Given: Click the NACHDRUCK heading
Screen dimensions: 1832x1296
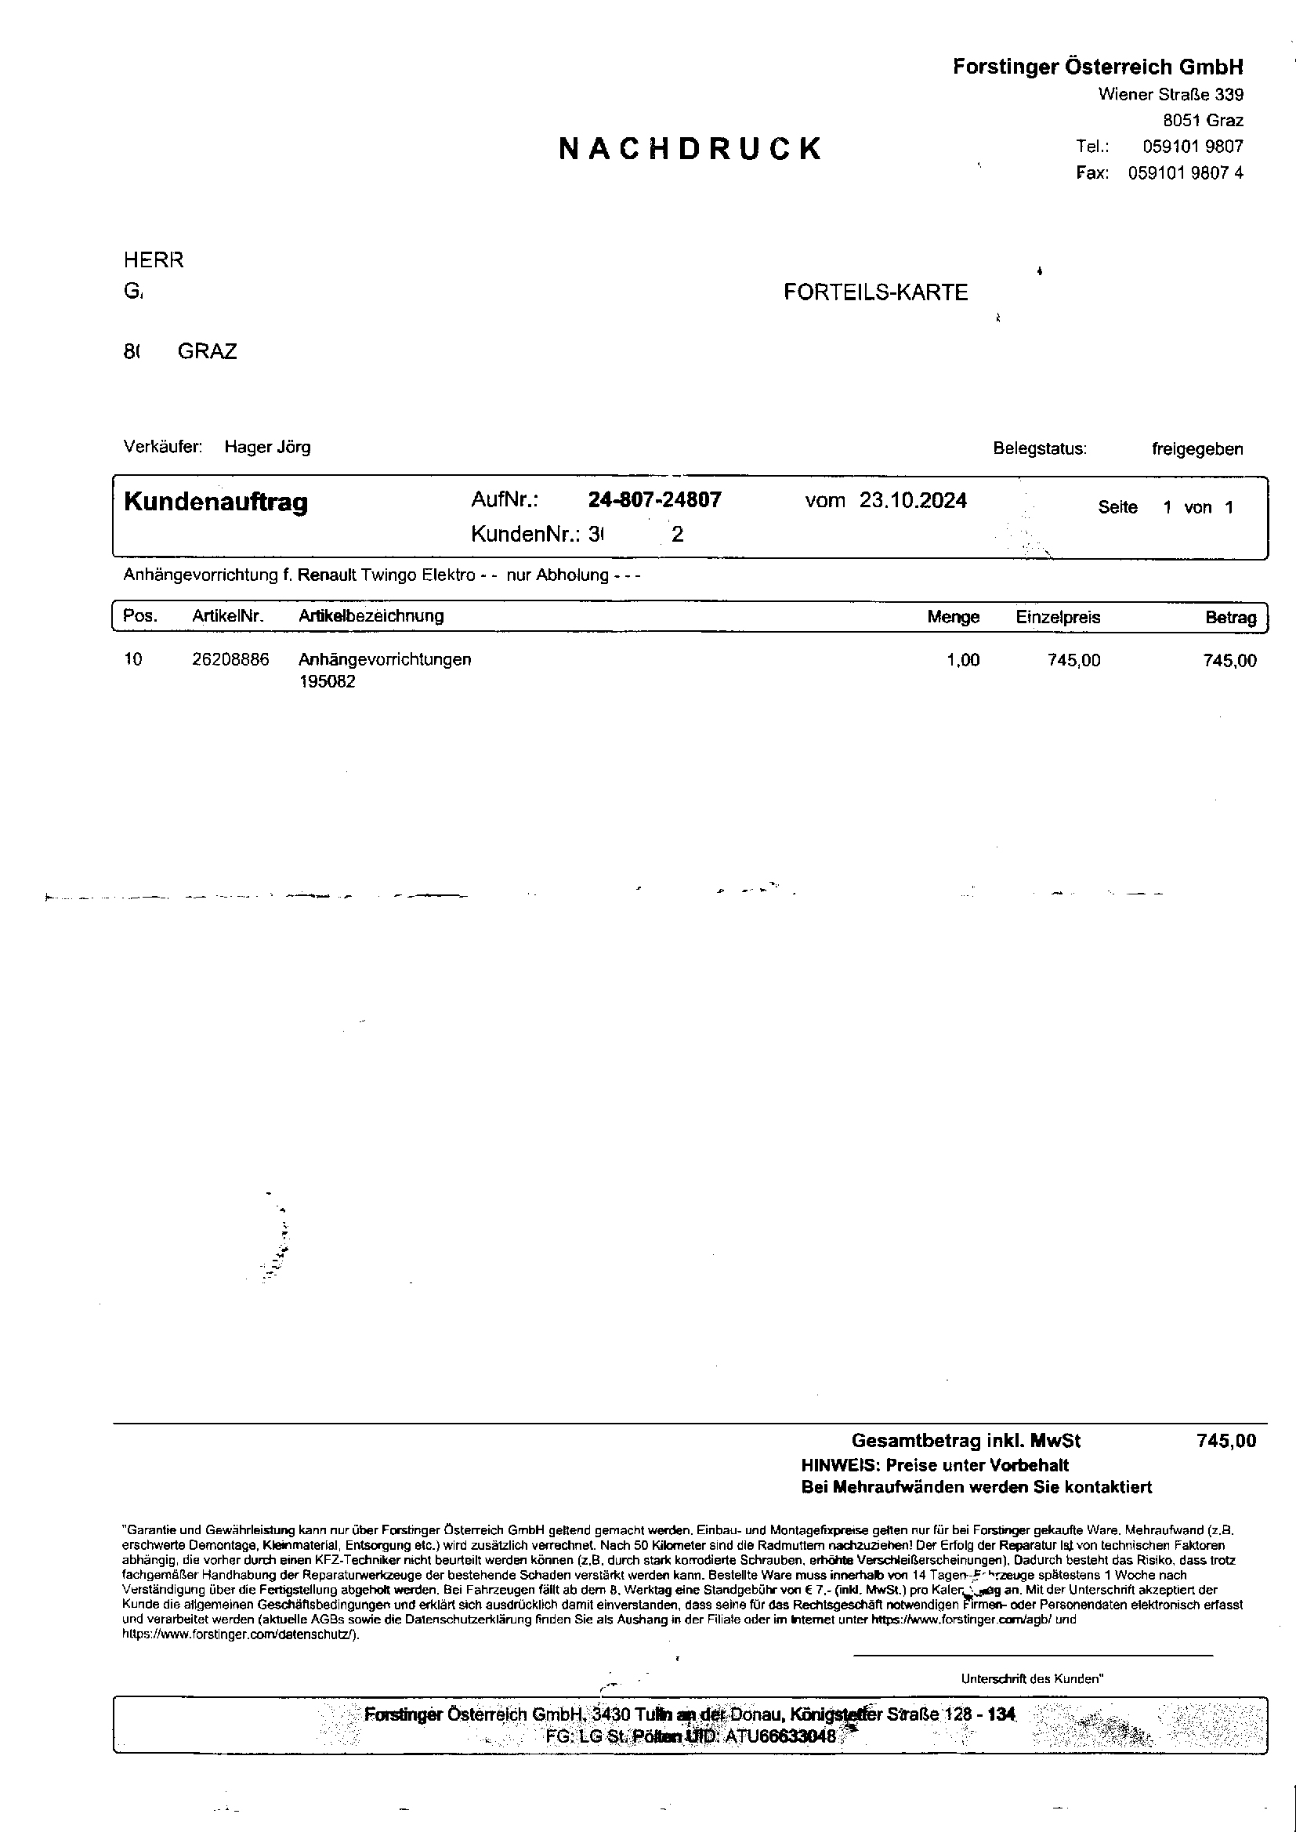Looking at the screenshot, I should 690,149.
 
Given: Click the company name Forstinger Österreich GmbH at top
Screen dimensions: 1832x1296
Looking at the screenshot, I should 1097,67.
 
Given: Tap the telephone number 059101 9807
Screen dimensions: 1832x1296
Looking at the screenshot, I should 1193,147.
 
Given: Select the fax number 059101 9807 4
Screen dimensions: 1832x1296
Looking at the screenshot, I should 1185,173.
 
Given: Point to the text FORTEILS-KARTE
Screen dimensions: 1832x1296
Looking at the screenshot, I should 875,292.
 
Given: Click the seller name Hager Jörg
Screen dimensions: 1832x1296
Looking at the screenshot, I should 267,447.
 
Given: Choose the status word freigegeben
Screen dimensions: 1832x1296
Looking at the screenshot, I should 1196,448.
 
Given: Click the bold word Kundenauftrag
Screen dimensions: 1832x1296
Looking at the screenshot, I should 215,502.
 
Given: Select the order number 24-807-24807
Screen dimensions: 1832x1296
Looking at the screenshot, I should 654,499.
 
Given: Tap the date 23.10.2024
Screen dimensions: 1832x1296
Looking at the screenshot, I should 913,500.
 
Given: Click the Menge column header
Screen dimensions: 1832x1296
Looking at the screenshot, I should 953,617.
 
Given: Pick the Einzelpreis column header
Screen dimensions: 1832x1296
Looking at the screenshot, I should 1057,617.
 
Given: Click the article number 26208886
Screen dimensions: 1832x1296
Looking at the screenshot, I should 230,659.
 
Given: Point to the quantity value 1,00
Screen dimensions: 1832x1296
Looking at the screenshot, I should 962,660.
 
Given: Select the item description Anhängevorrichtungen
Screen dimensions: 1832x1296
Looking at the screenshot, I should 385,659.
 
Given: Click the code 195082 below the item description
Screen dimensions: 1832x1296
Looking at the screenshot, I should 328,682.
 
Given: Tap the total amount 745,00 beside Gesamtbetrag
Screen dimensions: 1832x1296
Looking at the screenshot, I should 1225,1441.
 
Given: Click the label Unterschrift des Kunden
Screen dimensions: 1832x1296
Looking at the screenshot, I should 1031,1678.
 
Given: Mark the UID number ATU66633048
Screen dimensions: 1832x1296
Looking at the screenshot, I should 780,1736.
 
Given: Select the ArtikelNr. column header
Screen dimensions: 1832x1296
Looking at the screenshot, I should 227,616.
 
